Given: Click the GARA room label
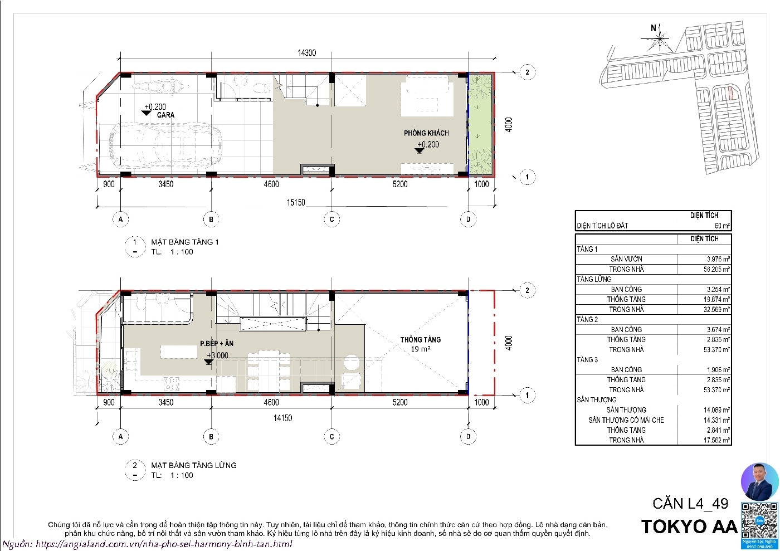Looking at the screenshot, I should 165,115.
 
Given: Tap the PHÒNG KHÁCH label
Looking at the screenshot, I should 426,133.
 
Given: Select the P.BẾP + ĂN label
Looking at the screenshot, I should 217,344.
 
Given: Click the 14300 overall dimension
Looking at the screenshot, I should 306,53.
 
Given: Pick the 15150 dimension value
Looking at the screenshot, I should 296,203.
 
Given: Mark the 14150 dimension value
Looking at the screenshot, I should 282,418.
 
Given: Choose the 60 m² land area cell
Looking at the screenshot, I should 704,226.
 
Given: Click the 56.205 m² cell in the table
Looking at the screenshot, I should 704,269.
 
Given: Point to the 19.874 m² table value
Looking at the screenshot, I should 704,299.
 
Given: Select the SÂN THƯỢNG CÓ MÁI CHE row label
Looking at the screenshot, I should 626,420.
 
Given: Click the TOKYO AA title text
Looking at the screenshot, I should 689,526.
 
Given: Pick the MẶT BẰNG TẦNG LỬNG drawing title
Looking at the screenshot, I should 194,465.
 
